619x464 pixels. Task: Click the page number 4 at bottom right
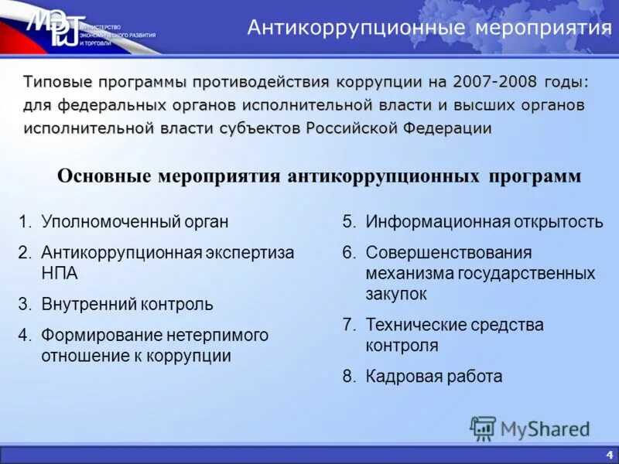point(610,454)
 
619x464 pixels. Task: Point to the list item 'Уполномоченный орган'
point(135,223)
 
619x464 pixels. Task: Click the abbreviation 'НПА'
point(60,273)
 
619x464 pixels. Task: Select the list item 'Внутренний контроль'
point(127,304)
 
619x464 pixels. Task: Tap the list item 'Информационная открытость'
point(484,223)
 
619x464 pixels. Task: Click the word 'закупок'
point(396,294)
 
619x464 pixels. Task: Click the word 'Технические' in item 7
point(415,325)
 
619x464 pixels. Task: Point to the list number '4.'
point(26,336)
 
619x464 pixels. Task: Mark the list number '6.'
point(350,253)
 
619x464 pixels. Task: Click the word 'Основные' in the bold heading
point(105,176)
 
